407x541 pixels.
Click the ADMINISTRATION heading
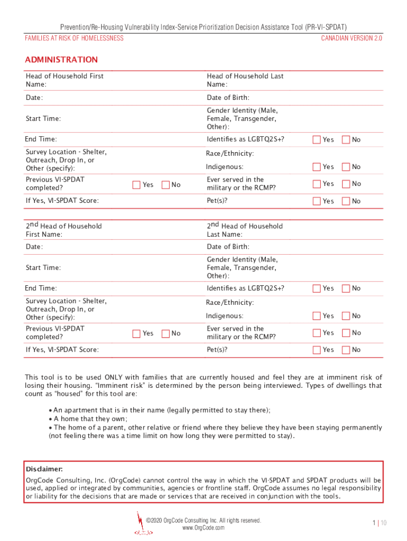61,60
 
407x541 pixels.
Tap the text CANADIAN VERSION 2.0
351,38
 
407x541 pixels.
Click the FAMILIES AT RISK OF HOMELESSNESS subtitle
74,38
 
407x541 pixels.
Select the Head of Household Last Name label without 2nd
245,80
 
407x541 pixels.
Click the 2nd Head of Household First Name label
63,230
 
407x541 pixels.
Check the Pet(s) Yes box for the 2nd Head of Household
317,350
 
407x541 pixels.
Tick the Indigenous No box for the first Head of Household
346,167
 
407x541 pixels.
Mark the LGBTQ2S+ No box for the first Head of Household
346,139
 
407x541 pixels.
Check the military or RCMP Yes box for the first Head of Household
317,184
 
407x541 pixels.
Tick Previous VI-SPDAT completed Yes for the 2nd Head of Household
136,333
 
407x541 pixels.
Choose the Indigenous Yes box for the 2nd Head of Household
317,316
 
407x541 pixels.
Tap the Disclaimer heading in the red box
44,469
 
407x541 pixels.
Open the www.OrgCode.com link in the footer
203,528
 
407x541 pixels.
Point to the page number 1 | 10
380,523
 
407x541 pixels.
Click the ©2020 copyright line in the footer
203,520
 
